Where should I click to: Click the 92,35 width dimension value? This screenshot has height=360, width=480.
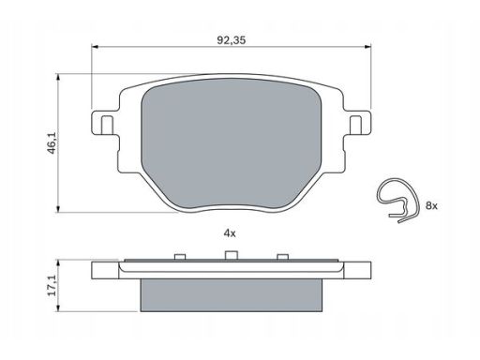click(232, 40)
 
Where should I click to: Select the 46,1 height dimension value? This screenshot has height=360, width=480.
click(52, 142)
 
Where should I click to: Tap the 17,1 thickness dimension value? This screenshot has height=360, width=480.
click(52, 285)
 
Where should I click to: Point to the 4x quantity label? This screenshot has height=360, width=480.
click(230, 233)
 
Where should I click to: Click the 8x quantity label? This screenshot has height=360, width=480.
click(431, 205)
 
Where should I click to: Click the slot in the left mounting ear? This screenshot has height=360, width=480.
click(108, 125)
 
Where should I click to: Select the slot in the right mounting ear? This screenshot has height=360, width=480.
click(355, 125)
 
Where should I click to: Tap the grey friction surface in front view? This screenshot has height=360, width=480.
click(232, 143)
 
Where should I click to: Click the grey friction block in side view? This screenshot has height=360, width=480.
click(232, 295)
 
